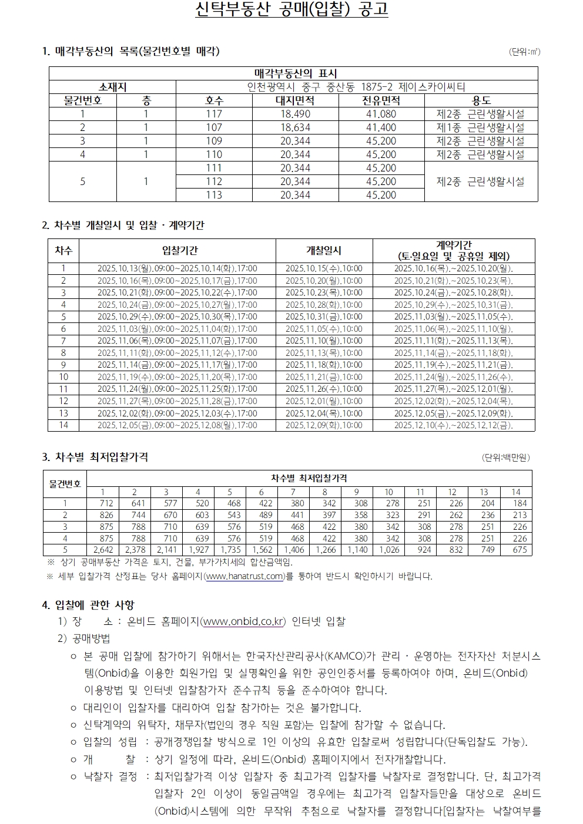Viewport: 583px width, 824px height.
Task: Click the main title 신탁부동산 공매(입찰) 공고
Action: (x=291, y=11)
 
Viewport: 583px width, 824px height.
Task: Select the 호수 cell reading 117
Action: (x=214, y=114)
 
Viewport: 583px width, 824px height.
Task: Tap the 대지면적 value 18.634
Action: (x=295, y=127)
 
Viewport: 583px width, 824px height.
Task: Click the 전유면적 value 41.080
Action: (x=381, y=114)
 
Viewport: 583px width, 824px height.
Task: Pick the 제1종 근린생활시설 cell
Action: (x=480, y=127)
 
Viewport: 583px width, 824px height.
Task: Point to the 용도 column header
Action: (x=481, y=100)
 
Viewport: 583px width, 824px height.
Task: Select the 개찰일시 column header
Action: (x=324, y=250)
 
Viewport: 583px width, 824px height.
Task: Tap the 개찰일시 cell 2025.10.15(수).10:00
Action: (x=324, y=268)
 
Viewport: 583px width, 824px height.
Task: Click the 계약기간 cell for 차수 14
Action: (x=453, y=425)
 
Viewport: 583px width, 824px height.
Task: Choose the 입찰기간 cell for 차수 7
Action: (x=177, y=341)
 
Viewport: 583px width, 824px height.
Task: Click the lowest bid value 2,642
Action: (x=103, y=550)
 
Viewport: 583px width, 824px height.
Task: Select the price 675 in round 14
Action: (x=520, y=550)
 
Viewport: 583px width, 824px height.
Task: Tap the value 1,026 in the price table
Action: (x=389, y=550)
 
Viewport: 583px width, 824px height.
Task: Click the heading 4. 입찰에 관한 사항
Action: (x=88, y=604)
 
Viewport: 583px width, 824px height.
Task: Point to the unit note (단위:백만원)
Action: (x=505, y=458)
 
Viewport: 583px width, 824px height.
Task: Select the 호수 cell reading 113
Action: (x=214, y=195)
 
